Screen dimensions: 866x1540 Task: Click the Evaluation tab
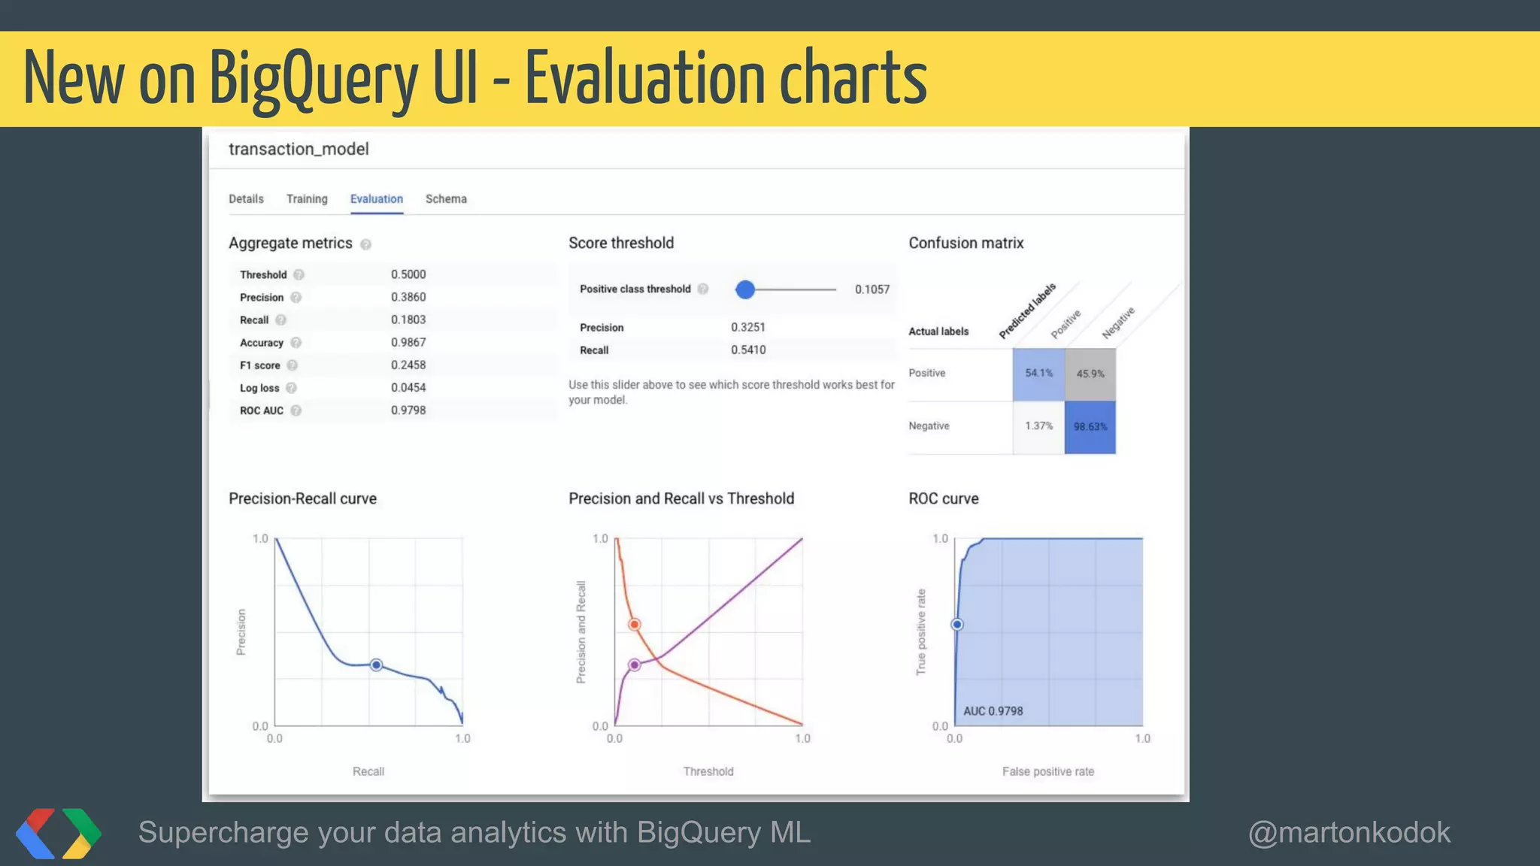(x=376, y=199)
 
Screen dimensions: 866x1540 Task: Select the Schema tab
(x=446, y=199)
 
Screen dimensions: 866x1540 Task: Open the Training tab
(x=307, y=199)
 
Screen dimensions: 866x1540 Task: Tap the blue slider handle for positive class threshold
(x=744, y=289)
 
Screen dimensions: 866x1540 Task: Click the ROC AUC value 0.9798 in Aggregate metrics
(x=408, y=410)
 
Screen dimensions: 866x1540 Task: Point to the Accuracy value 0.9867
(x=408, y=343)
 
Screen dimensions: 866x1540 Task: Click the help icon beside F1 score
(x=293, y=365)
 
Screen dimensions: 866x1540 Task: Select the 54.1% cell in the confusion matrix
(x=1038, y=374)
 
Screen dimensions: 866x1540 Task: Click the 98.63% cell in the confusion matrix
(x=1090, y=427)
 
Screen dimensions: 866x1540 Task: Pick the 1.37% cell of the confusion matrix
(x=1038, y=426)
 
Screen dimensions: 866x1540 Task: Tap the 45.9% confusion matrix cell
(x=1090, y=374)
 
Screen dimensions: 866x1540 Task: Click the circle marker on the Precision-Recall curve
(x=377, y=665)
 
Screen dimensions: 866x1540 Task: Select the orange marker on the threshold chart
(x=635, y=625)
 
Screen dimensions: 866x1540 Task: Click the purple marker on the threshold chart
(x=635, y=665)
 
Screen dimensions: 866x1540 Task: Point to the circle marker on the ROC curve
(x=957, y=625)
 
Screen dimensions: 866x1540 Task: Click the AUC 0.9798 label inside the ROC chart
(x=993, y=711)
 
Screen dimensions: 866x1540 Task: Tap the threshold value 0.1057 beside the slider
(x=872, y=289)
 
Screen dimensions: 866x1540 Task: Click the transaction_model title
(x=299, y=149)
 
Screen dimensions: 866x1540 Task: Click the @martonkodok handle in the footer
(x=1349, y=833)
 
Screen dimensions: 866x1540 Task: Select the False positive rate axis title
(x=1047, y=771)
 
